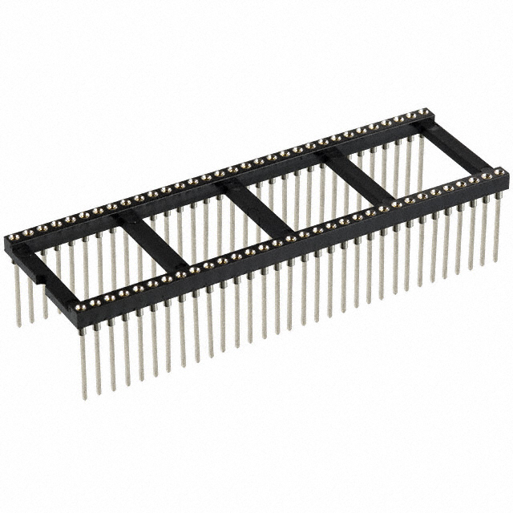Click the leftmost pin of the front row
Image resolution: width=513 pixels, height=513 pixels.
(x=83, y=361)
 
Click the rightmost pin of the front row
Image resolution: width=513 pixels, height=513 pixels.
(x=497, y=232)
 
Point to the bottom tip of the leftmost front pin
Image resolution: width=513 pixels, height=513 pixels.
(x=84, y=398)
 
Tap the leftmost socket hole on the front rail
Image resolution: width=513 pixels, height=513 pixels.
(x=81, y=305)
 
